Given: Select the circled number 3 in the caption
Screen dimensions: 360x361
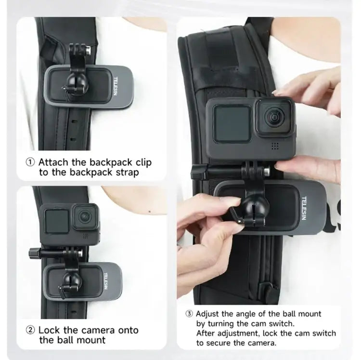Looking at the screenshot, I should click(189, 314).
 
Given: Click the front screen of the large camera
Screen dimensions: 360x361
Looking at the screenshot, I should click(231, 123).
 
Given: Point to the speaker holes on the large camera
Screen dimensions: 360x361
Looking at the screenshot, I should click(275, 145).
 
